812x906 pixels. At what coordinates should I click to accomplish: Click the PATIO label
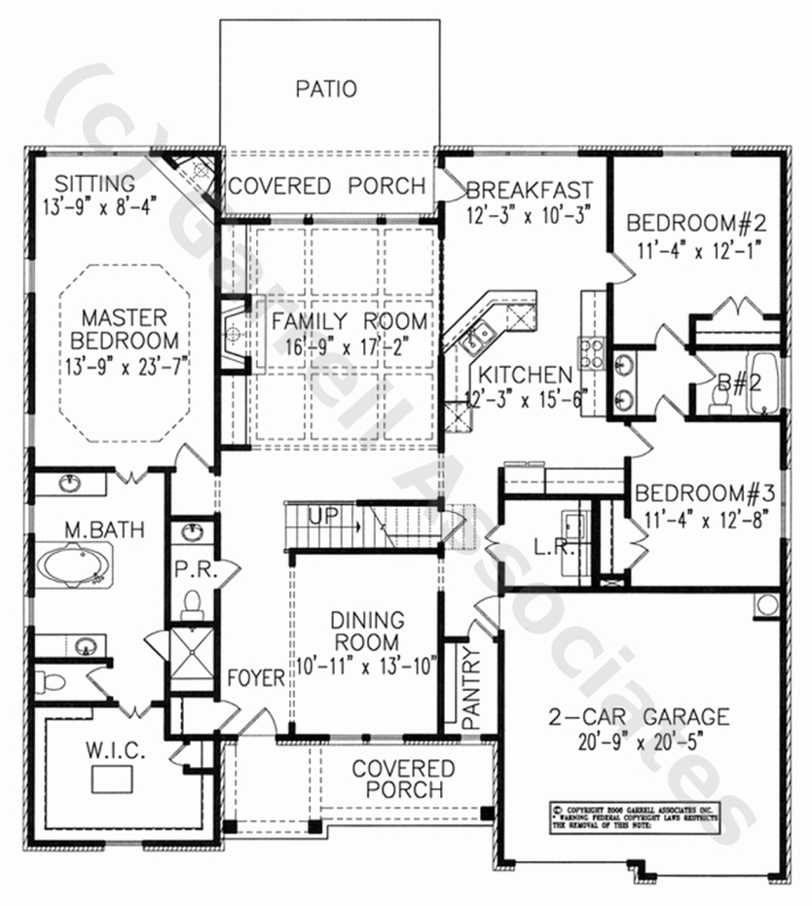pyautogui.click(x=326, y=90)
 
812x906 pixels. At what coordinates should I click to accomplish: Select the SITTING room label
pyautogui.click(x=93, y=183)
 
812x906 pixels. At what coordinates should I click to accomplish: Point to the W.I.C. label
pyautogui.click(x=115, y=753)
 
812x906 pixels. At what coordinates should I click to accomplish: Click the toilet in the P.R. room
pyautogui.click(x=193, y=604)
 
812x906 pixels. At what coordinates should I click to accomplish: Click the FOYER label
pyautogui.click(x=256, y=677)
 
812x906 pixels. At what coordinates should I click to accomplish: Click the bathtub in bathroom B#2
pyautogui.click(x=766, y=383)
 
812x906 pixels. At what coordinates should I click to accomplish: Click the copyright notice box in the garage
pyautogui.click(x=633, y=816)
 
